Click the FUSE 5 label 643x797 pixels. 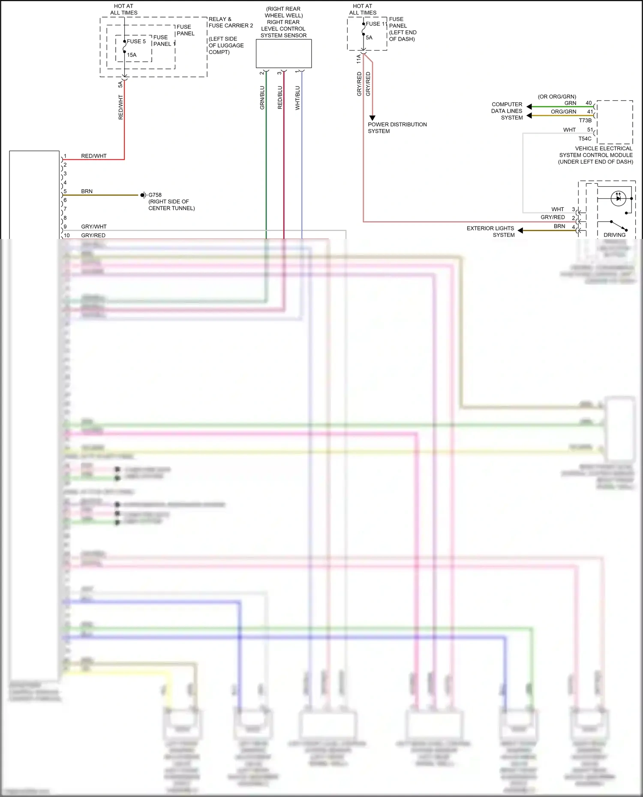pos(136,42)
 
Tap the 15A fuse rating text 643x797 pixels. pos(132,55)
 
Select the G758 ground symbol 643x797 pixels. pos(144,195)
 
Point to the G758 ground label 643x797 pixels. pos(155,195)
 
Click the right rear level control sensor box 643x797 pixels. pos(283,54)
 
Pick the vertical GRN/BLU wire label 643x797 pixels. pos(262,98)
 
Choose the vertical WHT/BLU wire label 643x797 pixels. pos(297,98)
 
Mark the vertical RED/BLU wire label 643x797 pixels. pos(280,98)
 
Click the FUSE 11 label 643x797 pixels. pos(376,24)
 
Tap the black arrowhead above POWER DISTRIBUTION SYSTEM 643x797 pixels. pos(372,118)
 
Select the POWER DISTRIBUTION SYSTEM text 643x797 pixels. pos(397,128)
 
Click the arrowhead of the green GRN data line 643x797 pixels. pos(529,107)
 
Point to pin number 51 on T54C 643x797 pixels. pos(590,130)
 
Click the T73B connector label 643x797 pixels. pos(585,121)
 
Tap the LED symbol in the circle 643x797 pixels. pos(618,198)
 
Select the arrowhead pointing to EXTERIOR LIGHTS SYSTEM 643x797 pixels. pos(520,230)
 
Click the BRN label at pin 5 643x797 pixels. pos(87,191)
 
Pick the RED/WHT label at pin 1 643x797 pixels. pos(93,156)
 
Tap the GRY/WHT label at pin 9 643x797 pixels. pos(93,227)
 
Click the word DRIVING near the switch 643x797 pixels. pos(614,235)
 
